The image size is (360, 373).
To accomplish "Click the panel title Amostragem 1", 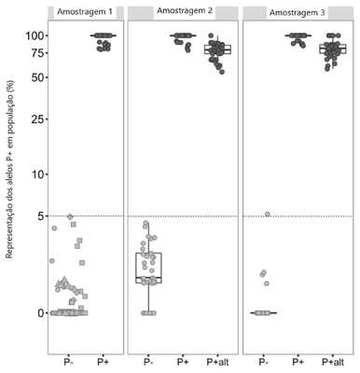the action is pyautogui.click(x=85, y=12).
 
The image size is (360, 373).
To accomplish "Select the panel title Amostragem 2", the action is pyautogui.click(x=185, y=11).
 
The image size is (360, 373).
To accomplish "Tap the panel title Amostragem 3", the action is pyautogui.click(x=298, y=13).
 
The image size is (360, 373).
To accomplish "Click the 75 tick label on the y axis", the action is pyautogui.click(x=37, y=53).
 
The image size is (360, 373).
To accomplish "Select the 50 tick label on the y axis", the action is pyautogui.click(x=37, y=77).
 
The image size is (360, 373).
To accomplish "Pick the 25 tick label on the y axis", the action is pyautogui.click(x=37, y=119).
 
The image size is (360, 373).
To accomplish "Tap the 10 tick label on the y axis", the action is pyautogui.click(x=38, y=174).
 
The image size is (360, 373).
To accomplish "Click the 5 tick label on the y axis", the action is pyautogui.click(x=41, y=216).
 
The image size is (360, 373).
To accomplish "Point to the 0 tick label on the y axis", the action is pyautogui.click(x=41, y=313).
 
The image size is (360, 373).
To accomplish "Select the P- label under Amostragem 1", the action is pyautogui.click(x=68, y=362).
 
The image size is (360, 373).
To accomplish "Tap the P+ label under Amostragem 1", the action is pyautogui.click(x=103, y=362).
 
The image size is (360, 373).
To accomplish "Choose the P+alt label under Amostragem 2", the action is pyautogui.click(x=217, y=362).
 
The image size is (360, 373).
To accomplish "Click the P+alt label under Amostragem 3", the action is pyautogui.click(x=333, y=362).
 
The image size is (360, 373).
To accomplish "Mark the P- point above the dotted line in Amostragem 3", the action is pyautogui.click(x=267, y=214).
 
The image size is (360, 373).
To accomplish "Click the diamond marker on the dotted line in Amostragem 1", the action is pyautogui.click(x=70, y=216).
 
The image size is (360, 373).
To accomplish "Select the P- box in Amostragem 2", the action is pyautogui.click(x=148, y=268).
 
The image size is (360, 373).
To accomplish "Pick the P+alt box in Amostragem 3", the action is pyautogui.click(x=333, y=49).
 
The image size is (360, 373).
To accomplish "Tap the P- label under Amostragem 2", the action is pyautogui.click(x=148, y=362).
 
